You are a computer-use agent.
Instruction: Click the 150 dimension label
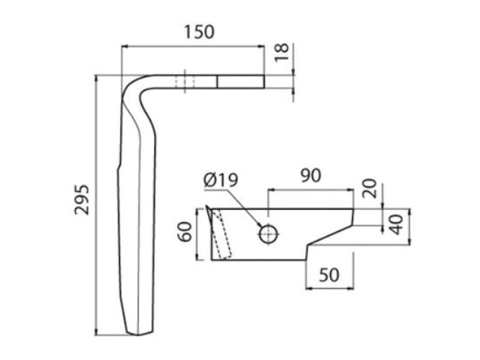pyautogui.click(x=200, y=31)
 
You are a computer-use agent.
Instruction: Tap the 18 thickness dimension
pyautogui.click(x=283, y=54)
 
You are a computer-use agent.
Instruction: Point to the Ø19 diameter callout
pyautogui.click(x=220, y=180)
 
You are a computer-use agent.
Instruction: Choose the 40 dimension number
pyautogui.click(x=395, y=226)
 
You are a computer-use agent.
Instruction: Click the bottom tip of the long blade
pyautogui.click(x=141, y=333)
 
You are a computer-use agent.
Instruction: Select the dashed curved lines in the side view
pyautogui.click(x=224, y=235)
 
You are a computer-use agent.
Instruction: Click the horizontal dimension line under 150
pyautogui.click(x=192, y=46)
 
